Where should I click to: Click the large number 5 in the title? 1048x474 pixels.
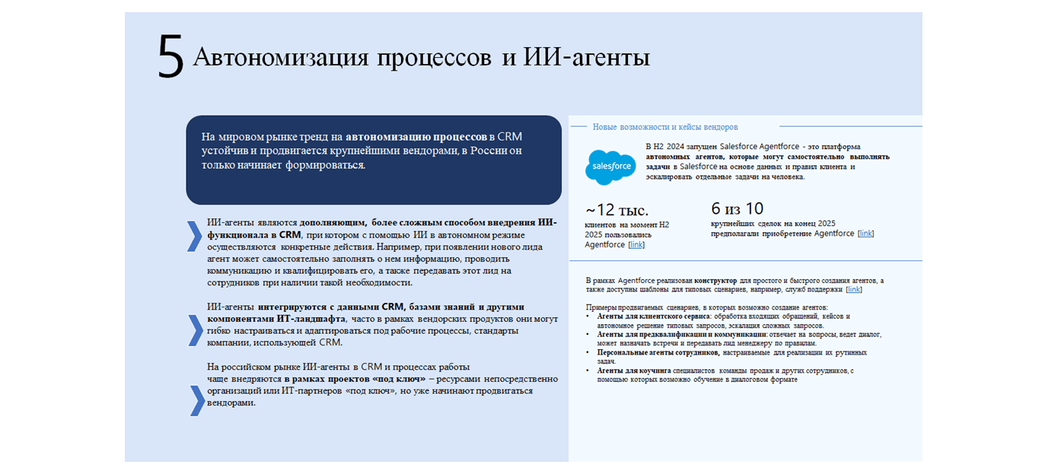pos(170,57)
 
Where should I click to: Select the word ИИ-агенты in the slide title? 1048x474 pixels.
pos(586,58)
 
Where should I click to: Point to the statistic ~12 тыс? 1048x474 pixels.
pos(616,210)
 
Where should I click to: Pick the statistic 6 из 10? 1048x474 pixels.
pos(737,208)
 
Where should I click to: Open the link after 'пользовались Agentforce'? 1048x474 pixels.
pos(636,245)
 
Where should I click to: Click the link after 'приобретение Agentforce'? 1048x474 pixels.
pos(865,234)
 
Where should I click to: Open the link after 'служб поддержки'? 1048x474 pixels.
pos(854,290)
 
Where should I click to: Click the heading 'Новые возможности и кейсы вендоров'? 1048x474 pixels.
pos(665,127)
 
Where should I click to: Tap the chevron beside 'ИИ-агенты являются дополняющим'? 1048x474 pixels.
pos(194,236)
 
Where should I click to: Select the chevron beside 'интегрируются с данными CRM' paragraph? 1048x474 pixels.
pos(194,330)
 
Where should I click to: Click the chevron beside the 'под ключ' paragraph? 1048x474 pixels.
pos(196,401)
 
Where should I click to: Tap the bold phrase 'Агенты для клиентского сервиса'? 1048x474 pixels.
pos(653,316)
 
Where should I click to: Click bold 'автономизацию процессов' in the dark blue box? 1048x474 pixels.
pos(416,137)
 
